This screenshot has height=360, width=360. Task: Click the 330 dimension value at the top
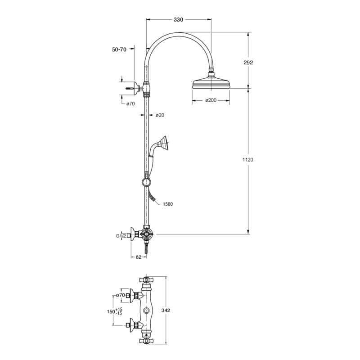click(178, 20)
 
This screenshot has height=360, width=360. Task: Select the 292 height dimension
click(248, 63)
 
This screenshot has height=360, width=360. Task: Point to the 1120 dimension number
click(248, 160)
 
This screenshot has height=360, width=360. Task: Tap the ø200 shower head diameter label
click(211, 100)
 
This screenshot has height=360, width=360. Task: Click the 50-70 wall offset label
click(119, 49)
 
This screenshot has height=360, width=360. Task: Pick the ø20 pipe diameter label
click(160, 115)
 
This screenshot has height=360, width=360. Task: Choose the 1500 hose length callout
click(167, 204)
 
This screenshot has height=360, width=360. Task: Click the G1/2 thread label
click(121, 236)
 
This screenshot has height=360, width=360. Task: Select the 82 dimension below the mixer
click(139, 257)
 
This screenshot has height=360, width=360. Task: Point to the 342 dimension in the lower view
click(166, 310)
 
